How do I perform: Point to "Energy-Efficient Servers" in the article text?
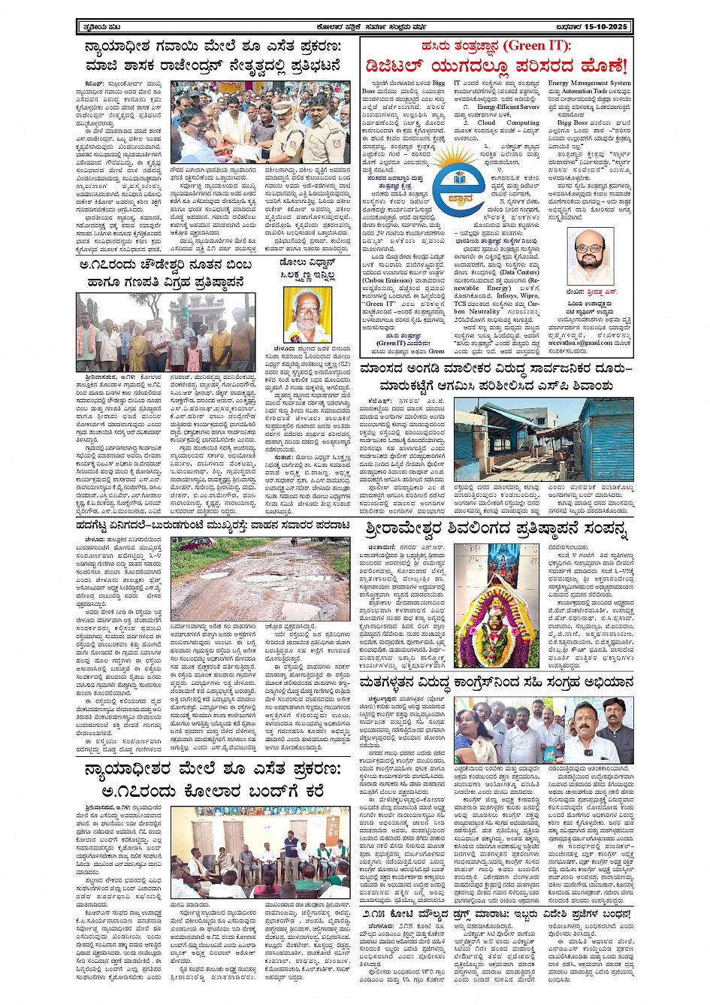[508, 107]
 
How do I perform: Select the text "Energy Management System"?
[589, 83]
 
